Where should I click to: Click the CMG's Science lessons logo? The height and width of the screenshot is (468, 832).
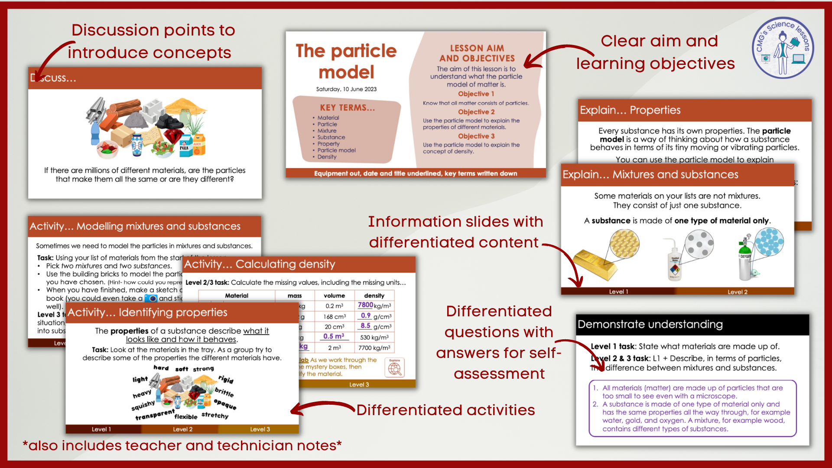click(783, 48)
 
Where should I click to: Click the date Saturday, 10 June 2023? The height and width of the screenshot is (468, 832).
click(346, 89)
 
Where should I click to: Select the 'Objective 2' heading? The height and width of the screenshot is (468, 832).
click(476, 112)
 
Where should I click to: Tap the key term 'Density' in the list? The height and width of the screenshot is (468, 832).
click(327, 157)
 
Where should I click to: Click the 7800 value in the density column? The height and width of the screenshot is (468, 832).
click(365, 305)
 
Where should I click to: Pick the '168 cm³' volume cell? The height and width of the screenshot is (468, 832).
click(335, 317)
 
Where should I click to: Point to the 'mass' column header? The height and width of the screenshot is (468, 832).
click(295, 296)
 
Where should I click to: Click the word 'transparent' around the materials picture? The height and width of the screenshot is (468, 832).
click(155, 415)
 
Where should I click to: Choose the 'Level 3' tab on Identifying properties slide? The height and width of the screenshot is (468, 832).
click(260, 429)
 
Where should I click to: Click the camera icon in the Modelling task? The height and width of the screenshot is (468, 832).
click(151, 299)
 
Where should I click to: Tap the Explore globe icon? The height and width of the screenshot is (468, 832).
click(394, 367)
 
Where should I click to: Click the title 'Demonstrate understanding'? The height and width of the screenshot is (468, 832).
click(650, 325)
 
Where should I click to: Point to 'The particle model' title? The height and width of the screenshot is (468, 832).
click(346, 61)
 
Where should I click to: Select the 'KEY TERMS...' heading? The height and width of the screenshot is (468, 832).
click(348, 108)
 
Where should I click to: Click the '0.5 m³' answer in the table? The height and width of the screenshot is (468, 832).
click(334, 336)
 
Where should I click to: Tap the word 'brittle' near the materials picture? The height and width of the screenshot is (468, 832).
click(224, 392)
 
